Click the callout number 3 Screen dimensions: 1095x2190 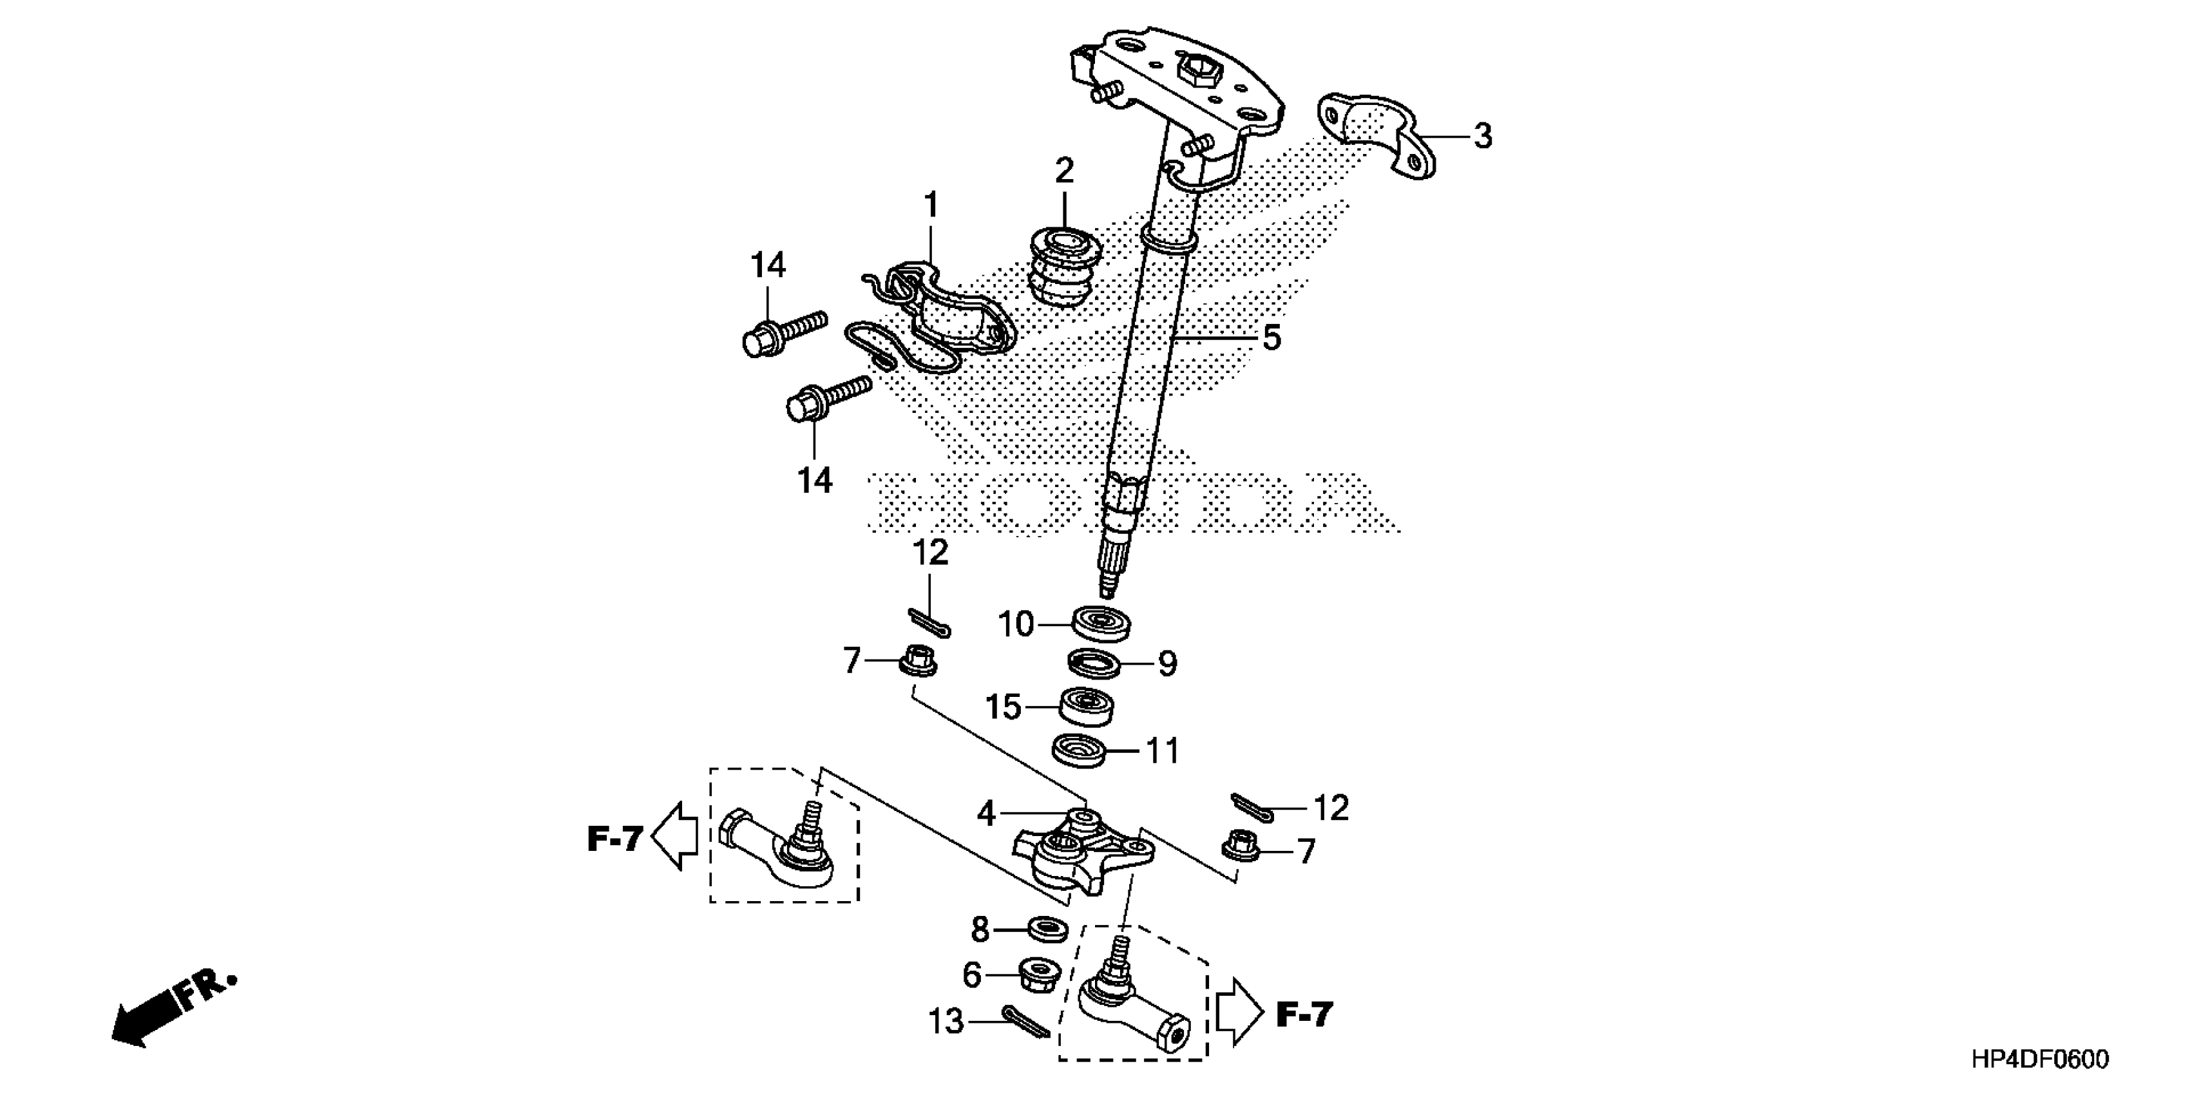point(1483,136)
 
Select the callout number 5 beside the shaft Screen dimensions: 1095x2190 point(1271,338)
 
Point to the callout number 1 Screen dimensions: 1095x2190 point(932,205)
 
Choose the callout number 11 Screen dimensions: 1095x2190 point(1162,752)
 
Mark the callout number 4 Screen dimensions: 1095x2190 point(986,814)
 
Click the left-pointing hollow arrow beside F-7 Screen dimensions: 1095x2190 point(676,837)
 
